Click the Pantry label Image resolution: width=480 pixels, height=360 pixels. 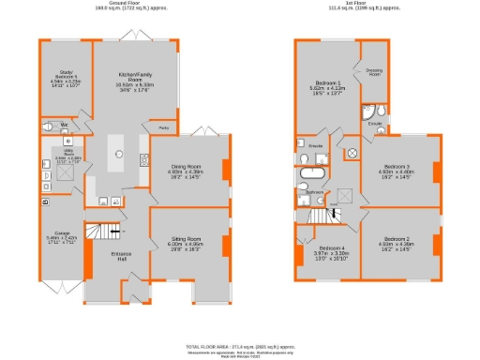coord(163,126)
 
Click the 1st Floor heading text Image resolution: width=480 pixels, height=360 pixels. coord(366,5)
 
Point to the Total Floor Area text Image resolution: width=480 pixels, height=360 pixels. coord(240,345)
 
